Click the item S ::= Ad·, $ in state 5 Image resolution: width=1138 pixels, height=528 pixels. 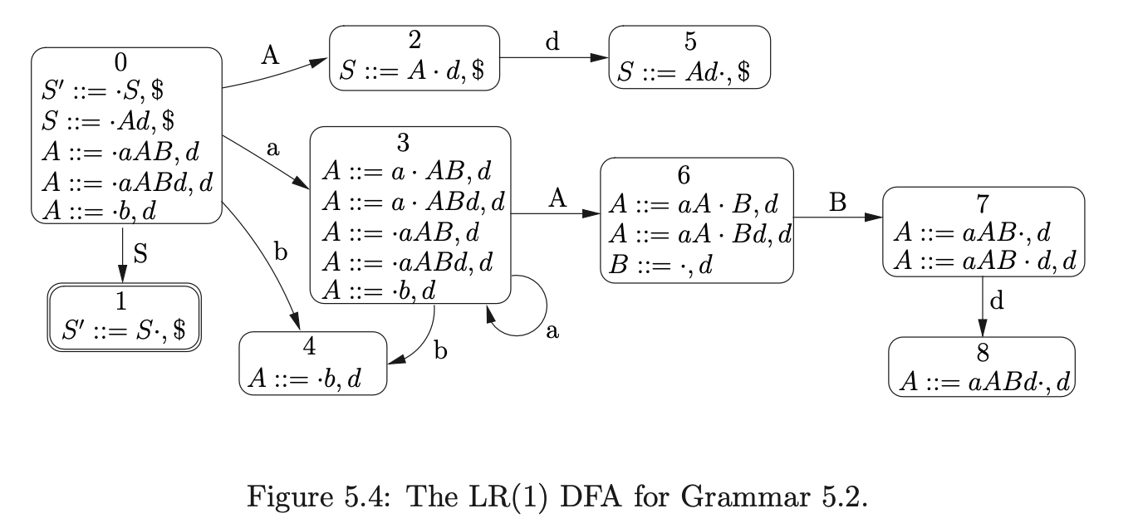[x=689, y=71]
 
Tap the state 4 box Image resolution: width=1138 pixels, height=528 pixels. [x=313, y=364]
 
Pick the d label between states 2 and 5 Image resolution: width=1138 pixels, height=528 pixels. [x=552, y=43]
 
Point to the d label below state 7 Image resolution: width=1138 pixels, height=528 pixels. [x=998, y=301]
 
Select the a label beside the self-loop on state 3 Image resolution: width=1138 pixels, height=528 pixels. [x=552, y=330]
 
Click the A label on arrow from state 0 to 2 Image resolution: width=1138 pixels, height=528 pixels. [x=269, y=56]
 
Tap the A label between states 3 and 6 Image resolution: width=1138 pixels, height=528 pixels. [x=557, y=198]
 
